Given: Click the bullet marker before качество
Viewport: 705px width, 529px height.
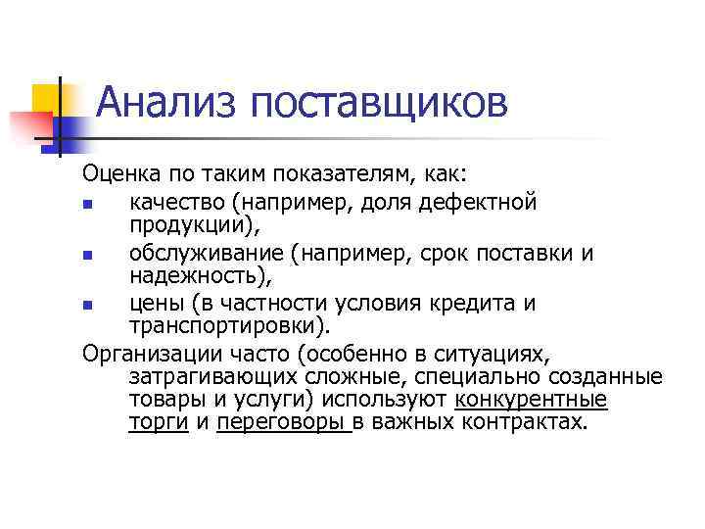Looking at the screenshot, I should point(89,205).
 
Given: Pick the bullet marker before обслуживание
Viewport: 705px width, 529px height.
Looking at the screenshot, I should point(89,256).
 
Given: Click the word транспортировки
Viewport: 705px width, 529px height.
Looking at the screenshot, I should point(228,326).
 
